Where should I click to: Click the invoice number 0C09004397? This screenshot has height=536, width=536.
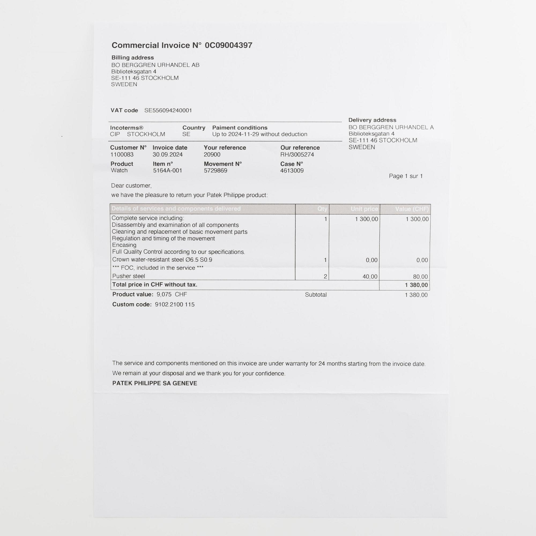228,45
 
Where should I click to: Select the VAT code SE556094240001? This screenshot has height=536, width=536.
168,110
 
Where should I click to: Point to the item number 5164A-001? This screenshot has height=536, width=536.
167,170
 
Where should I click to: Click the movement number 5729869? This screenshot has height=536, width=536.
215,170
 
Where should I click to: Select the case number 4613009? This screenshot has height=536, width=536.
292,170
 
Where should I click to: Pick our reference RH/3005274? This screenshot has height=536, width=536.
297,155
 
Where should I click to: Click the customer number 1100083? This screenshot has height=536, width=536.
122,155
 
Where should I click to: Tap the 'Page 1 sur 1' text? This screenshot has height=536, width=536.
405,176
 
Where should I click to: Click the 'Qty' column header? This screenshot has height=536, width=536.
322,209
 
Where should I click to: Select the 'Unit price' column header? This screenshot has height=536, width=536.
364,209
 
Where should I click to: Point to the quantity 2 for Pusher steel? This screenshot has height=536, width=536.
325,276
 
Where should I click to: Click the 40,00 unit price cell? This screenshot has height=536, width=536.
370,276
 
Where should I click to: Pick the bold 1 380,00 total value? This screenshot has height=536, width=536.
416,285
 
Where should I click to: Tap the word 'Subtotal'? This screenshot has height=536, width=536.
315,295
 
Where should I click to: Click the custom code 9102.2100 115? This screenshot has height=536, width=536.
174,304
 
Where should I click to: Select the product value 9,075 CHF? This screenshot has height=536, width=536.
172,294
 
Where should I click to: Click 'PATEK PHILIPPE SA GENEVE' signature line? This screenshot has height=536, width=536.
155,383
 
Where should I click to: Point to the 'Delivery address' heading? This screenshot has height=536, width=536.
372,120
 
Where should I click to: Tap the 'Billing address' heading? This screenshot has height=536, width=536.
132,58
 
